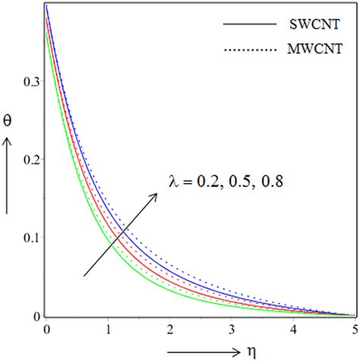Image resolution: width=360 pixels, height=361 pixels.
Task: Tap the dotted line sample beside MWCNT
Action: (x=248, y=50)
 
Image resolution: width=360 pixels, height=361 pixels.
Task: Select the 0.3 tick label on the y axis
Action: (x=30, y=81)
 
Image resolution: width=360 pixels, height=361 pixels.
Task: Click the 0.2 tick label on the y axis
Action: (x=30, y=160)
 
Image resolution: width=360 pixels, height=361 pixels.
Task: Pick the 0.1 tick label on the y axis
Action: (x=30, y=238)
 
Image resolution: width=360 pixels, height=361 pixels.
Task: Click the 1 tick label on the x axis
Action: (x=109, y=330)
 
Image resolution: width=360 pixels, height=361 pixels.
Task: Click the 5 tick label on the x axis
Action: (x=354, y=330)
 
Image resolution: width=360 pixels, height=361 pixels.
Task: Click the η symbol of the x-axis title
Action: (x=250, y=350)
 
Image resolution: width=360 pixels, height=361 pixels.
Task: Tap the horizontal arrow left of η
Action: (x=209, y=350)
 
